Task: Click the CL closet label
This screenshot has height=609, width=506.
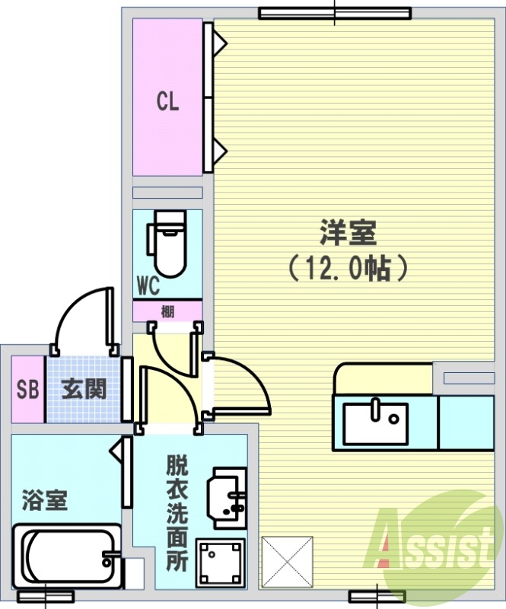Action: [167, 101]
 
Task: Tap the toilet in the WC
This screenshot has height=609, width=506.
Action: [166, 244]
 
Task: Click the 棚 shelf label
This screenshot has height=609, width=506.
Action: [167, 311]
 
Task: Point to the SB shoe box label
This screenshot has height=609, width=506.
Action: [27, 389]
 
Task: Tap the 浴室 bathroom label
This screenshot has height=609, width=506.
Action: [45, 500]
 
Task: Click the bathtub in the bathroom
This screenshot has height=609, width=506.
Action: [67, 556]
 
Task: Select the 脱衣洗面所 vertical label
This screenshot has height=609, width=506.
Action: [177, 512]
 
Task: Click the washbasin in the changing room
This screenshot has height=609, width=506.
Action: [227, 499]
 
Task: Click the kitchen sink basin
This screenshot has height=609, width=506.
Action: [376, 424]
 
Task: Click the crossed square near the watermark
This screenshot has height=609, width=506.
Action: [287, 562]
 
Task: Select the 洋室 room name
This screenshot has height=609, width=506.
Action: [348, 233]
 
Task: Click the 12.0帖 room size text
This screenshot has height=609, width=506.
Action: [348, 268]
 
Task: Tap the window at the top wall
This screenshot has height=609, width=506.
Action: [335, 13]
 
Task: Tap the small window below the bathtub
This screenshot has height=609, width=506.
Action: [46, 596]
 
